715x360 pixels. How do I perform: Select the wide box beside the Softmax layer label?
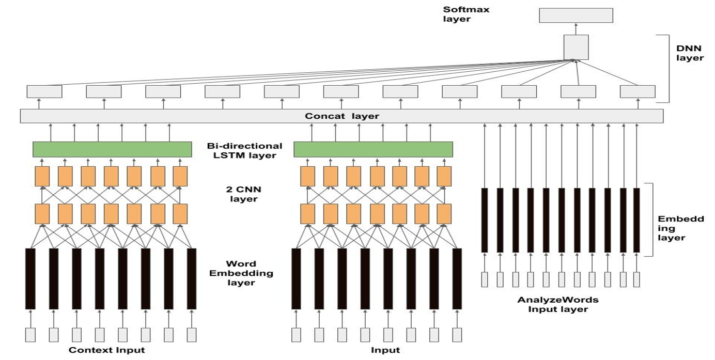click(576, 15)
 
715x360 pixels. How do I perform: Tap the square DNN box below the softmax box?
click(576, 47)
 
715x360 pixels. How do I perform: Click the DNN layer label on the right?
click(690, 53)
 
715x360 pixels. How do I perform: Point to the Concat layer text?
click(341, 116)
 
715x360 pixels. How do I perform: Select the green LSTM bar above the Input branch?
click(373, 149)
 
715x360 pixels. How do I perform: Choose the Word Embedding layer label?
click(241, 273)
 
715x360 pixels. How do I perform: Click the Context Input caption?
click(107, 350)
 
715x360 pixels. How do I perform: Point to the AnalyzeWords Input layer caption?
click(557, 304)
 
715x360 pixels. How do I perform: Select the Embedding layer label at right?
click(680, 228)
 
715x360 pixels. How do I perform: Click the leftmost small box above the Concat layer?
click(44, 92)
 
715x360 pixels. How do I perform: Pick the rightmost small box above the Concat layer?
click(638, 92)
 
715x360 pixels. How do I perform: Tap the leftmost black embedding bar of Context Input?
click(30, 279)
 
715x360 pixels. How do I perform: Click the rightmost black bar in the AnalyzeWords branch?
click(636, 221)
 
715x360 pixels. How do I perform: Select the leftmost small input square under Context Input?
click(30, 335)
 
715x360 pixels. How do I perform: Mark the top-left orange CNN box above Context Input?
click(42, 176)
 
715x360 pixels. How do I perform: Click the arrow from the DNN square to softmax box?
click(576, 29)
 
